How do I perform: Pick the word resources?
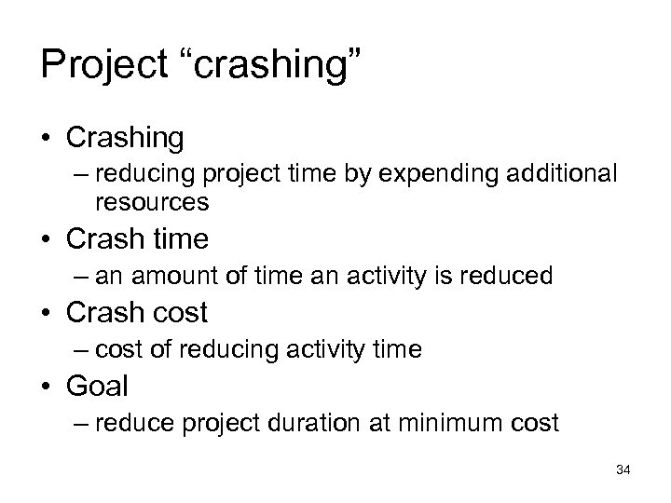pos(151,201)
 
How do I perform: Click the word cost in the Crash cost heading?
pos(177,312)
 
